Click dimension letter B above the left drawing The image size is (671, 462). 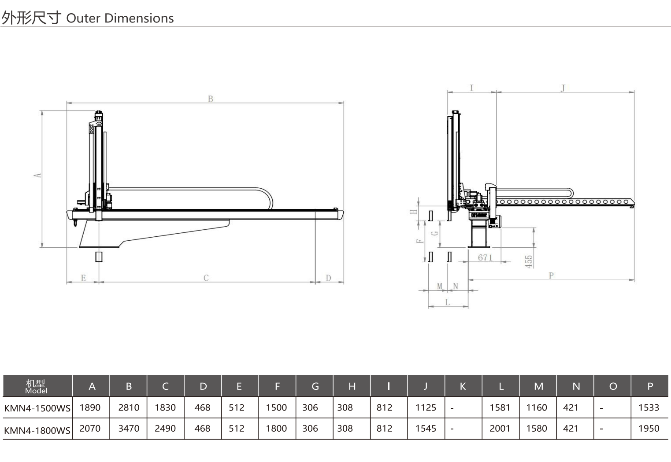click(211, 99)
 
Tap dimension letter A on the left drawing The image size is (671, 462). click(37, 175)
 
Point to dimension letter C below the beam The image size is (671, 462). click(206, 278)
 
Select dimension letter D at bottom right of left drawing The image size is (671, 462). click(328, 278)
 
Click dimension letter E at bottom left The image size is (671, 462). click(83, 278)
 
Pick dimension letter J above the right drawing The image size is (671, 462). click(563, 88)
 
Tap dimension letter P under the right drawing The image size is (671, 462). click(551, 275)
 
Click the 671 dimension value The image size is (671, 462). click(485, 257)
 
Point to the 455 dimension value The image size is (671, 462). click(529, 261)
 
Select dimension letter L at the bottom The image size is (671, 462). click(448, 302)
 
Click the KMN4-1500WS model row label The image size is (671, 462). click(37, 408)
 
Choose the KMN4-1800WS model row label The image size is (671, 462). click(37, 430)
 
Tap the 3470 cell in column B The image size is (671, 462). click(129, 429)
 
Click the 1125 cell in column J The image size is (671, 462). click(426, 407)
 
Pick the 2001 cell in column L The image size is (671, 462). click(500, 429)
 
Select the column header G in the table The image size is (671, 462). click(315, 386)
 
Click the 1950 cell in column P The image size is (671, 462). click(649, 429)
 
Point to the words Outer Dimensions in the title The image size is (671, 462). click(120, 18)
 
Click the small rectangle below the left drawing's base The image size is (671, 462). click(99, 257)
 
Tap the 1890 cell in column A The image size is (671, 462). click(90, 407)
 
